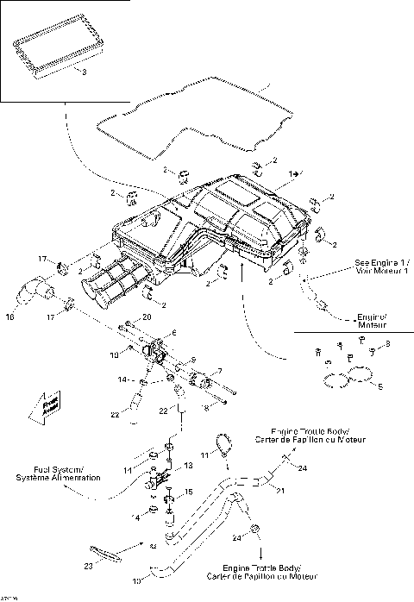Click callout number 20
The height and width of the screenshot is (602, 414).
pos(147,318)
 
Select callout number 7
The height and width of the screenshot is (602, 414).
pos(220,371)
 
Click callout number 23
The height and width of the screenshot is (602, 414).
pos(88,567)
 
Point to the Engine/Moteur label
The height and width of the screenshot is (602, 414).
pos(372,323)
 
